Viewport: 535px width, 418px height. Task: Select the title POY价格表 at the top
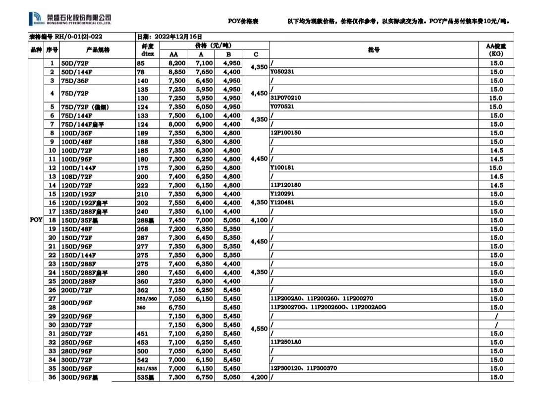tap(243, 21)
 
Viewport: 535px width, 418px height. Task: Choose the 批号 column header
tap(374, 50)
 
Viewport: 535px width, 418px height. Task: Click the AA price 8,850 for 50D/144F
tap(177, 72)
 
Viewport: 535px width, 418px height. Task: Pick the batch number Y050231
tap(282, 72)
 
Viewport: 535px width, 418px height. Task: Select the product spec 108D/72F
tap(77, 176)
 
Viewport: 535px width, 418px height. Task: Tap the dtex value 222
tap(143, 185)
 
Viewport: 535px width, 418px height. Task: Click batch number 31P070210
tap(285, 98)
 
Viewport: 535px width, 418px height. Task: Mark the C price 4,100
tap(259, 220)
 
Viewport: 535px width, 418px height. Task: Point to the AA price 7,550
tap(177, 203)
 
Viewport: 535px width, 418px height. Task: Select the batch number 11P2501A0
tap(286, 342)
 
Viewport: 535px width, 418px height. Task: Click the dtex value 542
tap(143, 360)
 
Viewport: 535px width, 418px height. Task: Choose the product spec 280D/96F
tap(77, 351)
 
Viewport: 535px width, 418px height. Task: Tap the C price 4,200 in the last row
tap(259, 377)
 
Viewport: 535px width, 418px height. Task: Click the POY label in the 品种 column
tap(36, 220)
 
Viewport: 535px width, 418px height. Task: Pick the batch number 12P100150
tap(285, 133)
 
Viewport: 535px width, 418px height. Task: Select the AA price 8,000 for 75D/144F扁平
tap(177, 124)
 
